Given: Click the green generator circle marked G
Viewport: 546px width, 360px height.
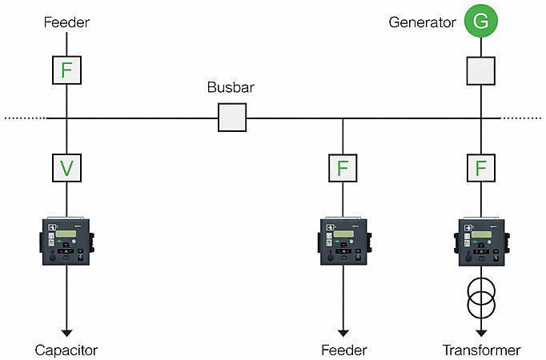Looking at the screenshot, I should coord(481,21).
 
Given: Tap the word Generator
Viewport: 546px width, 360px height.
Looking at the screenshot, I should coord(422,22).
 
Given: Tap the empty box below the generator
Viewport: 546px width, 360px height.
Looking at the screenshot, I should coord(481,71).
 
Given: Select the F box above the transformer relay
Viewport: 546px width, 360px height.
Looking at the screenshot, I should coord(481,168).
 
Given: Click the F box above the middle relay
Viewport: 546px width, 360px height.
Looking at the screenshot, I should coord(343,168).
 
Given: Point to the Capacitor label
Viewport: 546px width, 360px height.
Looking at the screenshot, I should coord(66,350).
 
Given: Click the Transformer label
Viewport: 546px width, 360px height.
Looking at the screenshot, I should coord(481,350).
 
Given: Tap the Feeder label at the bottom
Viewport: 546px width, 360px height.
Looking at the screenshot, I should coord(343,350).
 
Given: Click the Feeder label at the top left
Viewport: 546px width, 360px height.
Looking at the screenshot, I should coord(66,22).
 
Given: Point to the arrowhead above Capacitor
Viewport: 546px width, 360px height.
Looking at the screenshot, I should coord(67,330).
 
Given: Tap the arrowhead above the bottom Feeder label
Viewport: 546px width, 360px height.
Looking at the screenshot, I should coord(343,330).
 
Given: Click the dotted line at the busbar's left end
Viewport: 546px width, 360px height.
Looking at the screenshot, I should coord(24,118).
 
